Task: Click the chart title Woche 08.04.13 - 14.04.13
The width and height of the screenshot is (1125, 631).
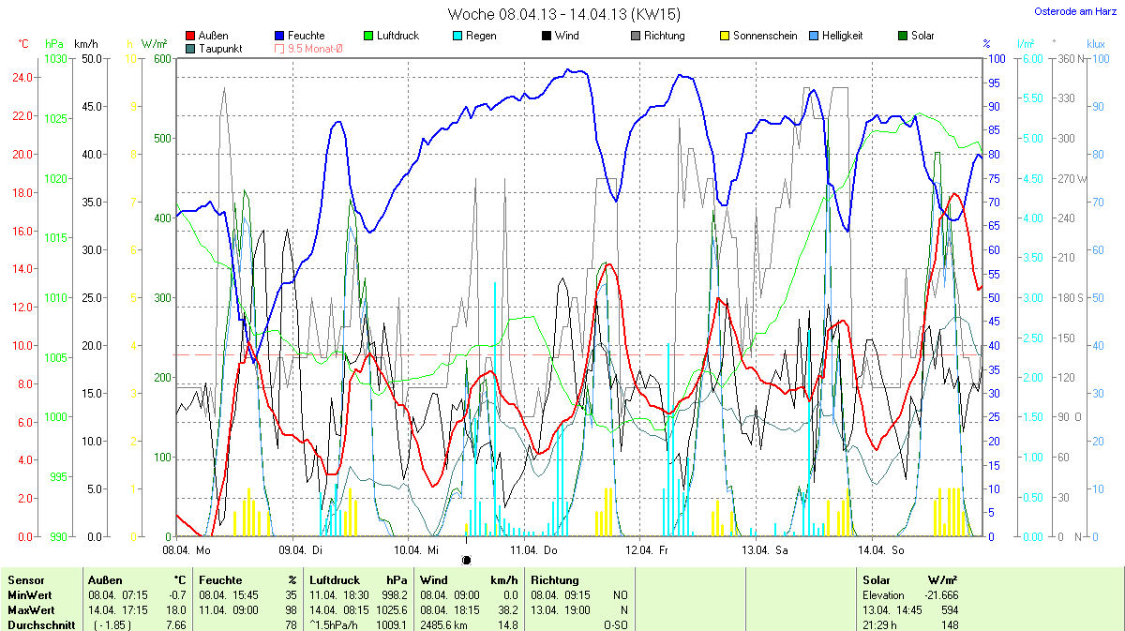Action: click(x=563, y=14)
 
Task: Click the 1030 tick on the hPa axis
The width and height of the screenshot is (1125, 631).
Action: click(x=56, y=59)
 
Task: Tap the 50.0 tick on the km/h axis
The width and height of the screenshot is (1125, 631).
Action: click(x=91, y=59)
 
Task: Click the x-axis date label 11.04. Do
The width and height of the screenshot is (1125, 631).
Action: click(x=533, y=550)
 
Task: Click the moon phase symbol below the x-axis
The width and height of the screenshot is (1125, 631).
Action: click(x=467, y=560)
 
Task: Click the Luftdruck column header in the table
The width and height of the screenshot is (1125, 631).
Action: click(x=332, y=580)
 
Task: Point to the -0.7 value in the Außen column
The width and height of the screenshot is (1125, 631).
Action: click(x=177, y=595)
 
